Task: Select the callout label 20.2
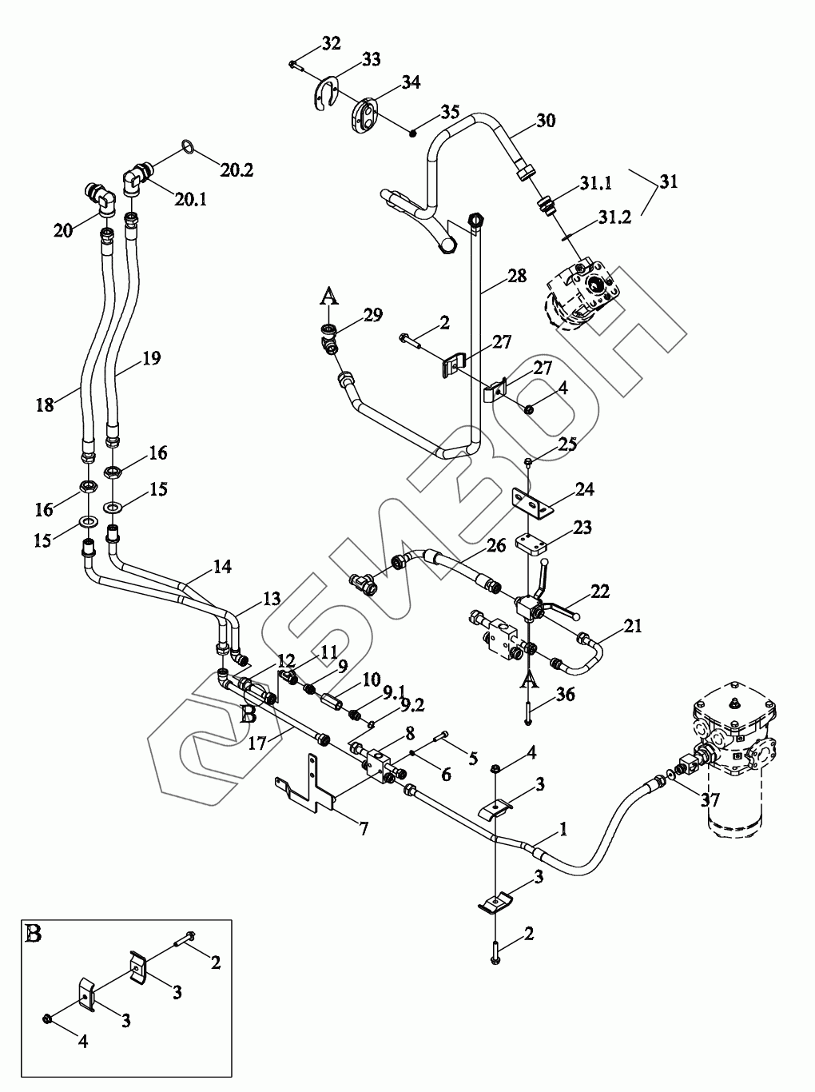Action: (x=237, y=169)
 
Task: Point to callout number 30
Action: (x=546, y=122)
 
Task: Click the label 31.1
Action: (x=596, y=184)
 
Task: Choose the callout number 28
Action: (x=517, y=277)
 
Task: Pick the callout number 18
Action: (x=45, y=405)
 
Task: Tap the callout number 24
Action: (x=584, y=488)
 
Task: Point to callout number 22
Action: (x=599, y=592)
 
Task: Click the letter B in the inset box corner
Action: (x=34, y=934)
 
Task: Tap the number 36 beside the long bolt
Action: (x=565, y=695)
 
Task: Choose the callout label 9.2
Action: (x=412, y=704)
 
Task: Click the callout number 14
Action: (x=222, y=567)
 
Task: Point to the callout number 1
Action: (x=563, y=831)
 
